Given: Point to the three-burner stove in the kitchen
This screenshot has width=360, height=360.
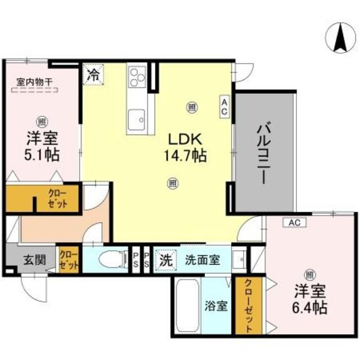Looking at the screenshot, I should click(x=137, y=76).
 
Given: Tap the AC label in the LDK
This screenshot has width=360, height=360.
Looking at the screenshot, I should click(x=224, y=107).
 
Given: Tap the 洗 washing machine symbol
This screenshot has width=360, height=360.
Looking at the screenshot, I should click(x=165, y=260).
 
